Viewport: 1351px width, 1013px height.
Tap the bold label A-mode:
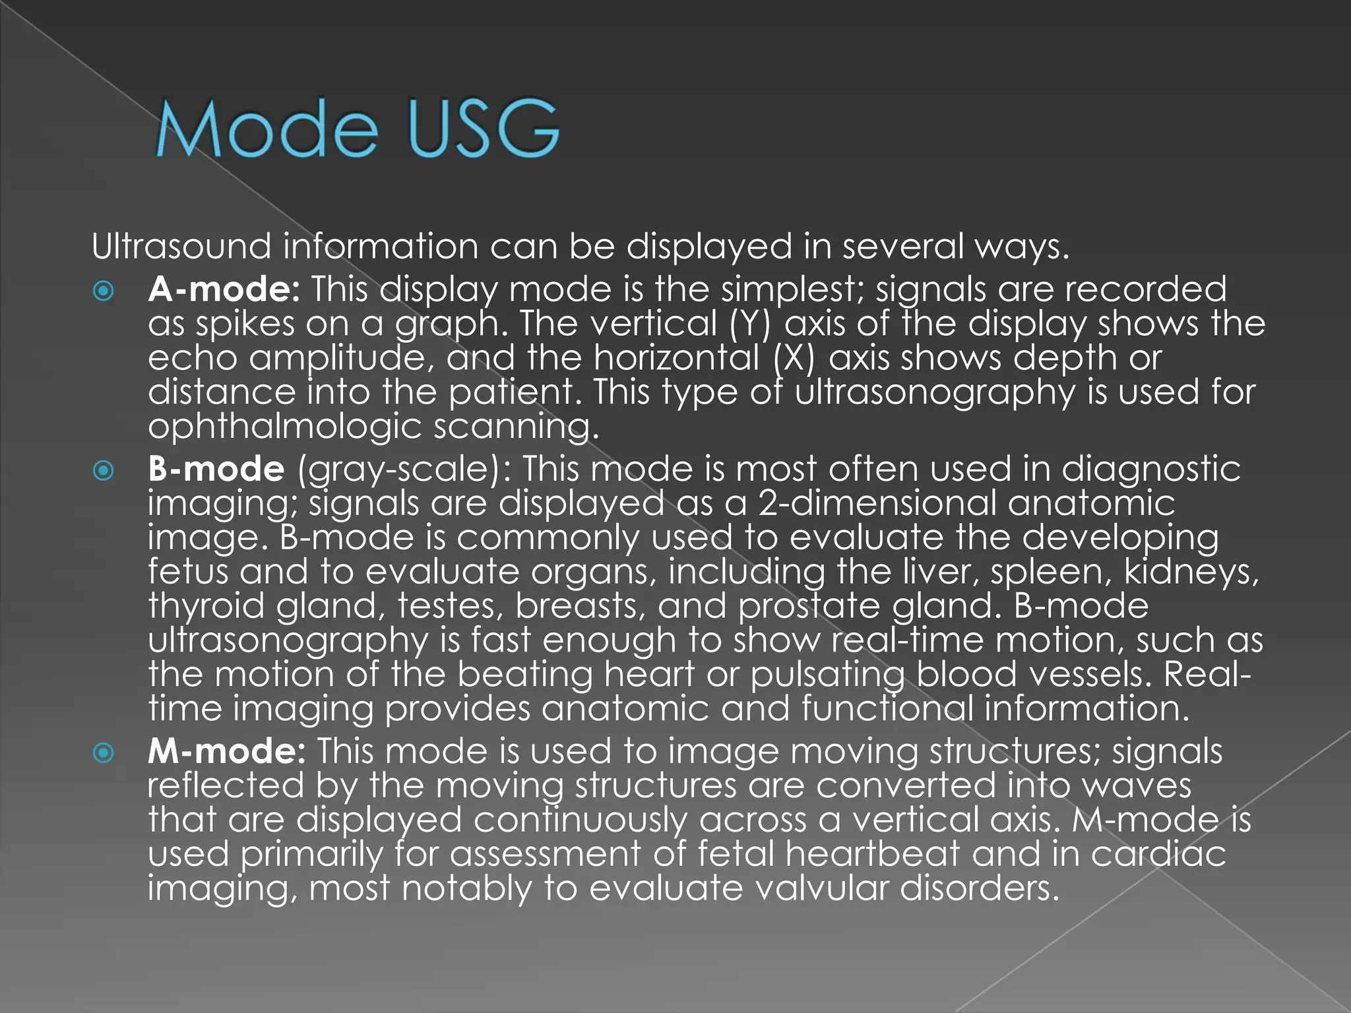pyautogui.click(x=224, y=289)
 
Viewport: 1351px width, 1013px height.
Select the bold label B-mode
pyautogui.click(x=216, y=469)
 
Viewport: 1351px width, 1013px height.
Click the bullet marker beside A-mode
pyautogui.click(x=104, y=291)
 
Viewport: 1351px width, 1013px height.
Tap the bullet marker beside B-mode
pyautogui.click(x=104, y=470)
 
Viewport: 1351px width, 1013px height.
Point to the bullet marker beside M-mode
pyautogui.click(x=104, y=752)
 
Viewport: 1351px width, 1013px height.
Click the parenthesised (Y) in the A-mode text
pyautogui.click(x=750, y=324)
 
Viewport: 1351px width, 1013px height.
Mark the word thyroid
pyautogui.click(x=206, y=606)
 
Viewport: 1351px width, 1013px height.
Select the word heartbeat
pyautogui.click(x=872, y=854)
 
